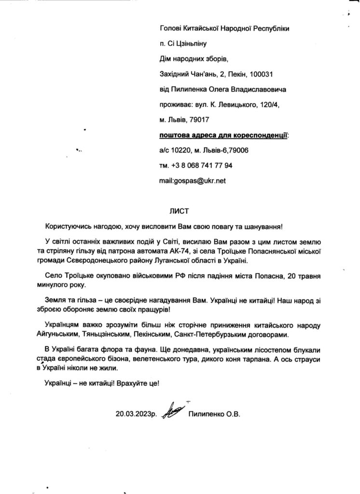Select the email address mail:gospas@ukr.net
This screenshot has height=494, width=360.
coord(193,181)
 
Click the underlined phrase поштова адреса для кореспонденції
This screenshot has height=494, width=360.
coord(223,135)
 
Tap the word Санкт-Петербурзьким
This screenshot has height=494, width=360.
coord(222,334)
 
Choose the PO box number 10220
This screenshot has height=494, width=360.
coord(178,151)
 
